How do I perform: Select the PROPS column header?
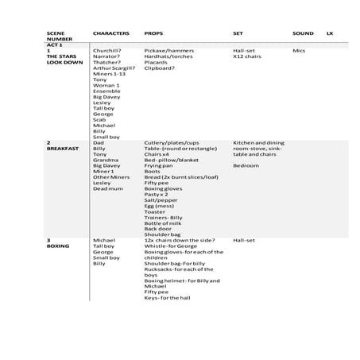click(x=153, y=33)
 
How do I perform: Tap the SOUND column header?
click(x=303, y=33)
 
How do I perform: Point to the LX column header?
click(x=330, y=33)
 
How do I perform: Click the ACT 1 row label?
click(x=55, y=45)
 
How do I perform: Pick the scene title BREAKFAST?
click(x=63, y=149)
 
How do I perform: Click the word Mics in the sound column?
click(x=299, y=51)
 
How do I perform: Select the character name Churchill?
click(x=108, y=51)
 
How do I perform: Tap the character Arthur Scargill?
click(x=114, y=68)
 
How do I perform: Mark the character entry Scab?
click(x=99, y=119)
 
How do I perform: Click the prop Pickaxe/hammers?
click(x=168, y=51)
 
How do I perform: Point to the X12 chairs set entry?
click(x=247, y=56)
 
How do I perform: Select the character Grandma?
click(x=105, y=160)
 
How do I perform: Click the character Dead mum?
click(x=107, y=188)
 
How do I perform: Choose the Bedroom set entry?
click(x=246, y=165)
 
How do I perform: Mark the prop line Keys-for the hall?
click(x=169, y=297)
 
